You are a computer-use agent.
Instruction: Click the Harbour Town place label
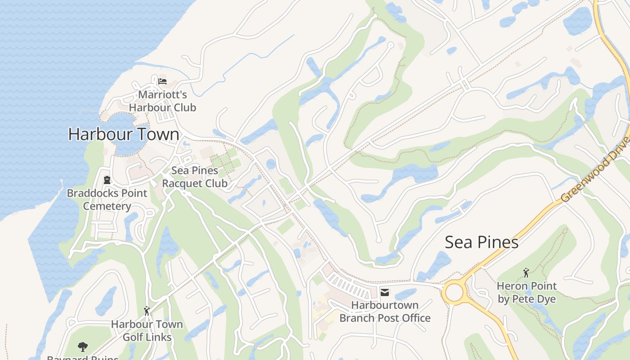(x=124, y=134)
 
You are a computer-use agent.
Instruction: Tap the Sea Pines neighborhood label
(x=481, y=242)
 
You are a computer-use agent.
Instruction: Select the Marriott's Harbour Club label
(x=162, y=101)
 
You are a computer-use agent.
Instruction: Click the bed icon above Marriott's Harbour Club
(x=162, y=81)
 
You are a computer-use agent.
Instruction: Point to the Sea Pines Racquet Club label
(x=195, y=177)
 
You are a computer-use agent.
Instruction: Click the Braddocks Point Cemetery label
(x=107, y=199)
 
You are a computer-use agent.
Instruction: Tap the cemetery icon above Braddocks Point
(x=107, y=180)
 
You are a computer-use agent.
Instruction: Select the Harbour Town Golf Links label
(x=147, y=330)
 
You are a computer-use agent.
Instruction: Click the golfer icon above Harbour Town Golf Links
(x=147, y=310)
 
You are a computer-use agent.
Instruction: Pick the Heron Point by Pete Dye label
(x=526, y=292)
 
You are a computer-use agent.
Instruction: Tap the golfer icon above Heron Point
(x=526, y=273)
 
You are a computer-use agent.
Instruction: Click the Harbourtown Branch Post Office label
(x=385, y=311)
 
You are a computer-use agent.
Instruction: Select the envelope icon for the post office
(x=385, y=292)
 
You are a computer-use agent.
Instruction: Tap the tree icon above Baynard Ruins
(x=82, y=347)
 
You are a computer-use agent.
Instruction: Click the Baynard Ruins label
(x=83, y=358)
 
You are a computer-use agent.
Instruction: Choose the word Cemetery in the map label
(x=107, y=206)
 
